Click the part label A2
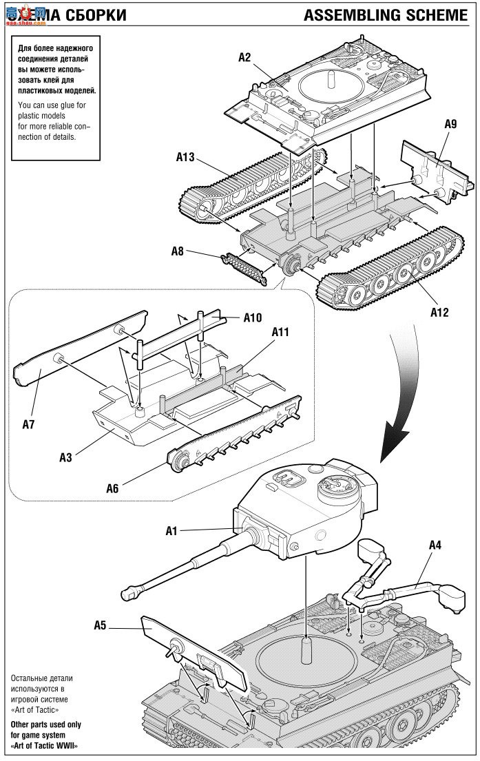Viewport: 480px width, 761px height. tap(244, 57)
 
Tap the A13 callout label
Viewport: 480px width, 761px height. tap(186, 157)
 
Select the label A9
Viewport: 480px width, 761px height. tap(450, 124)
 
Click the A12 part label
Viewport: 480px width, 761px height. tap(439, 312)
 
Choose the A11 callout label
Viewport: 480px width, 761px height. tap(280, 331)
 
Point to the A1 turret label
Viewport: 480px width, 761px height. tap(172, 531)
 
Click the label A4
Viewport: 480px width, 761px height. tap(435, 545)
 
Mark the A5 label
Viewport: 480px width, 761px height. tap(101, 625)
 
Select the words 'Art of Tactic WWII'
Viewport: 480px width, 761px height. tap(43, 746)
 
